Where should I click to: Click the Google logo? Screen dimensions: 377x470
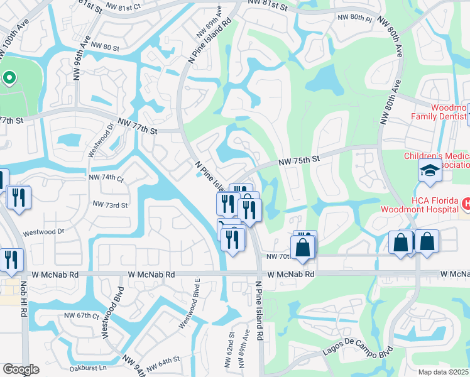(21, 369)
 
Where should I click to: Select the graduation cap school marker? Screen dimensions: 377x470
(430, 171)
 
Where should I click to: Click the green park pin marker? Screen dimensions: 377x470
(9, 78)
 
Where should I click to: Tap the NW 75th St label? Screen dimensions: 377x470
(300, 161)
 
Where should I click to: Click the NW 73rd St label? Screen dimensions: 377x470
(110, 205)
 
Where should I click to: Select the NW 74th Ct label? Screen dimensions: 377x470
(106, 178)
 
